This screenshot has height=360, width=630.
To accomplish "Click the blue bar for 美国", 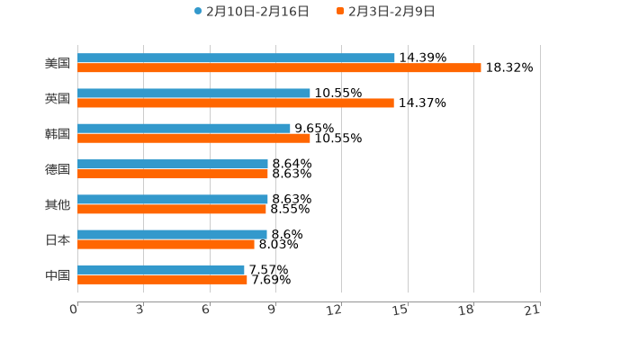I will pos(236,58).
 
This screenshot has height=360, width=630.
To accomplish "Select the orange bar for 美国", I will pos(279,68).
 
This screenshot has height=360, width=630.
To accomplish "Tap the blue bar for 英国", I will pos(193,94).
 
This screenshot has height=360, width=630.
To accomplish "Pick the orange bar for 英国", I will pos(236,103).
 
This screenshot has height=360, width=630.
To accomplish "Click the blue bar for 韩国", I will pos(184,129).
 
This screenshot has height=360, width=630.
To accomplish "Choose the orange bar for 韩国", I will pos(193,139).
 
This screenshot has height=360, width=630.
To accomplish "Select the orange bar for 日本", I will pos(166,244).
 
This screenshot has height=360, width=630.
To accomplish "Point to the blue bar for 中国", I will pos(161,269).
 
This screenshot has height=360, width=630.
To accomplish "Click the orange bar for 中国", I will pos(162,279).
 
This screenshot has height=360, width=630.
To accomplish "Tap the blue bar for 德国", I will pos(173,164).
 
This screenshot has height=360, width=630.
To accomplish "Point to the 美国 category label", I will pos(58,64).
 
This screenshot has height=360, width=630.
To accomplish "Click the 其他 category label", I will pos(58,204).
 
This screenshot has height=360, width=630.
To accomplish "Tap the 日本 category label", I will pos(58,239).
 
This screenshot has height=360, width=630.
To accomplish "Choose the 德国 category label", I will pos(58,169).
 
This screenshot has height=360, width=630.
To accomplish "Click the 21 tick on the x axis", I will pos(532,310).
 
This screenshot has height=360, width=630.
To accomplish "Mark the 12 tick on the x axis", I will pos(334,310).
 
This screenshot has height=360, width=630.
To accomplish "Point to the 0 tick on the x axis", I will pos(74,310).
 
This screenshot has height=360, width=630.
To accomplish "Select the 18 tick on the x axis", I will pos(466,310).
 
